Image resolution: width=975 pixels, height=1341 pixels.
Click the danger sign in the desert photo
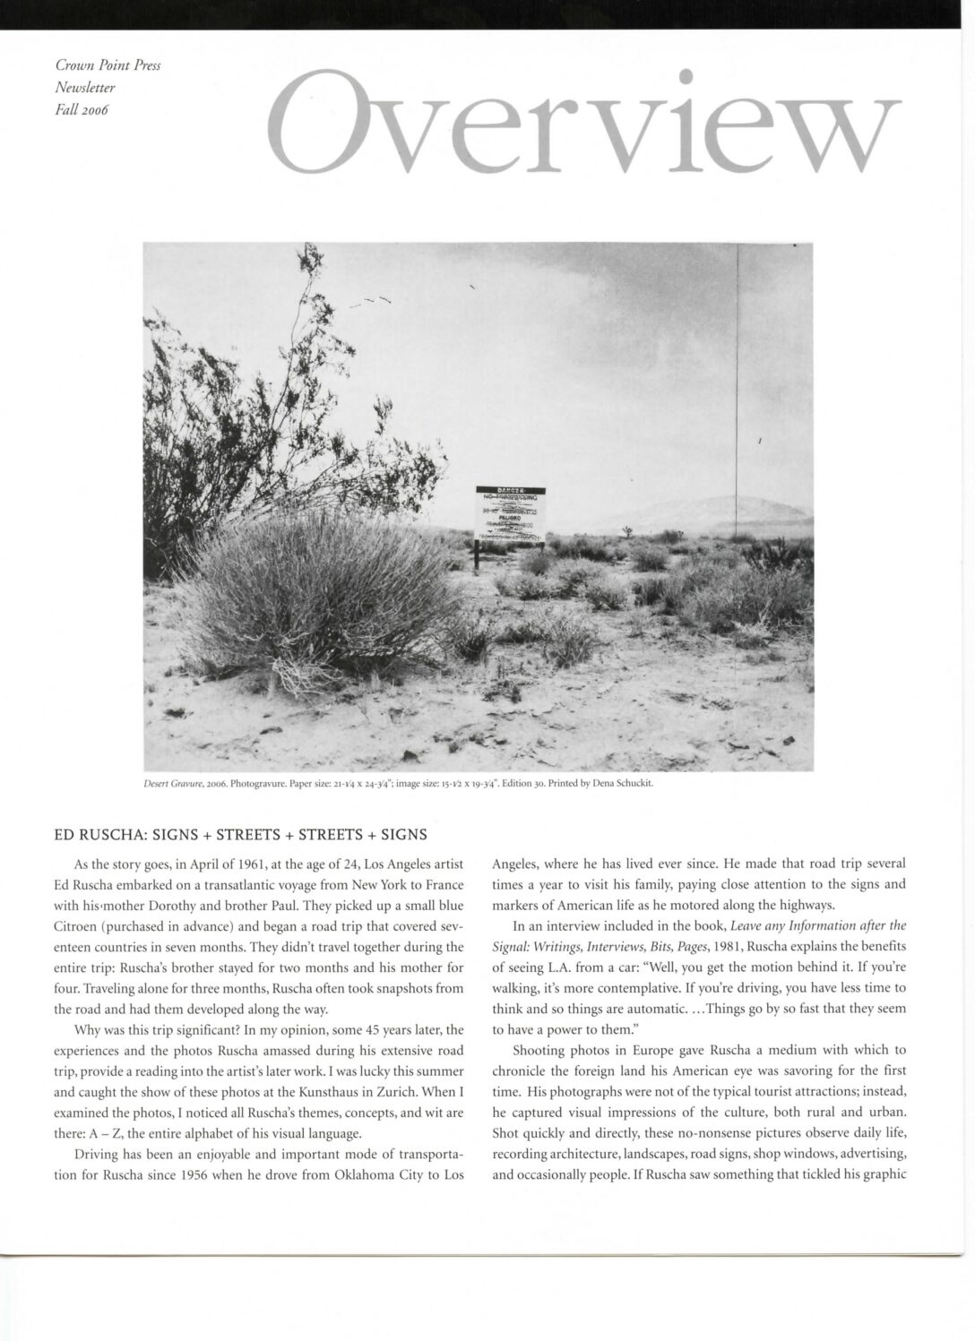click(x=509, y=516)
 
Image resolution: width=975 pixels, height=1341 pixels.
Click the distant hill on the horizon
click(x=717, y=513)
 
